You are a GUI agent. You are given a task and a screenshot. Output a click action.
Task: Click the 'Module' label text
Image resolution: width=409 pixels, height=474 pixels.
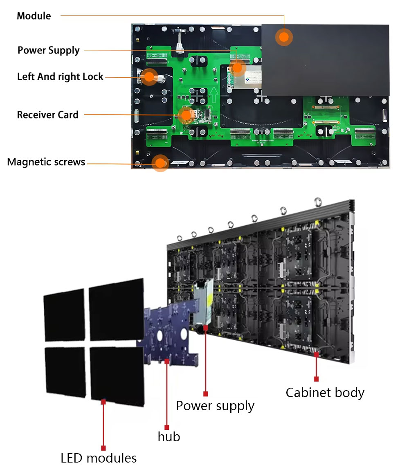tap(34, 16)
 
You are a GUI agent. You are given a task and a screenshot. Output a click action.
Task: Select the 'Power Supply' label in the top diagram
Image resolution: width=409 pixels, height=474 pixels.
tap(49, 50)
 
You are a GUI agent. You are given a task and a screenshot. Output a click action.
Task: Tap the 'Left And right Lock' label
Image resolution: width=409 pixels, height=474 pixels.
tap(60, 76)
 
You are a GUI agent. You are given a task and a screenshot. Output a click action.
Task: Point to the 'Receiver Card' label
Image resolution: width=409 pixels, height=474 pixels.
tap(47, 115)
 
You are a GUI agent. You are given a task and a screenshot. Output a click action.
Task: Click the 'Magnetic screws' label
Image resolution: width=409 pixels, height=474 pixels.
tap(46, 162)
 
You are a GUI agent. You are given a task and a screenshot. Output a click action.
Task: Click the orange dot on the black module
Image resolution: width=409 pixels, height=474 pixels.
tap(283, 37)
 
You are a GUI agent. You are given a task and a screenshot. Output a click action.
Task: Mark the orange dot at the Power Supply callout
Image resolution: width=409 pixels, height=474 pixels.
tap(238, 67)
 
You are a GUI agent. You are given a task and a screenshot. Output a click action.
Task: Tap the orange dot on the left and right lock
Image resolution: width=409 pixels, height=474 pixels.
tap(149, 76)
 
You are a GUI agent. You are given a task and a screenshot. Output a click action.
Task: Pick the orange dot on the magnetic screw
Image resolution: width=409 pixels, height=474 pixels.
tap(161, 162)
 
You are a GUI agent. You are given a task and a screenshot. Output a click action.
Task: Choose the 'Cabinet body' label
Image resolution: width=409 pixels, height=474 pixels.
tap(325, 393)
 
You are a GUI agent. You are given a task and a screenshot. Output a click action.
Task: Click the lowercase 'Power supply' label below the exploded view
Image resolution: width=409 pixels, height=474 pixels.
tap(215, 406)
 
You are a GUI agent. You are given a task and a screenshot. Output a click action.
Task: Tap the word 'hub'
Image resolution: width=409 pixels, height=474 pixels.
tap(169, 437)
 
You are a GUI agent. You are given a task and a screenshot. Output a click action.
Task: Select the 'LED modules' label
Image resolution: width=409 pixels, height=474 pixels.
tap(99, 458)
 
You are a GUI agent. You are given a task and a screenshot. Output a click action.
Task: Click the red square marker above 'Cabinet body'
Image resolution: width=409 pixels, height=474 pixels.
tap(316, 379)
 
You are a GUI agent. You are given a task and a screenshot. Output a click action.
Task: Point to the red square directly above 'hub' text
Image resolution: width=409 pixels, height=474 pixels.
tap(167, 427)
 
